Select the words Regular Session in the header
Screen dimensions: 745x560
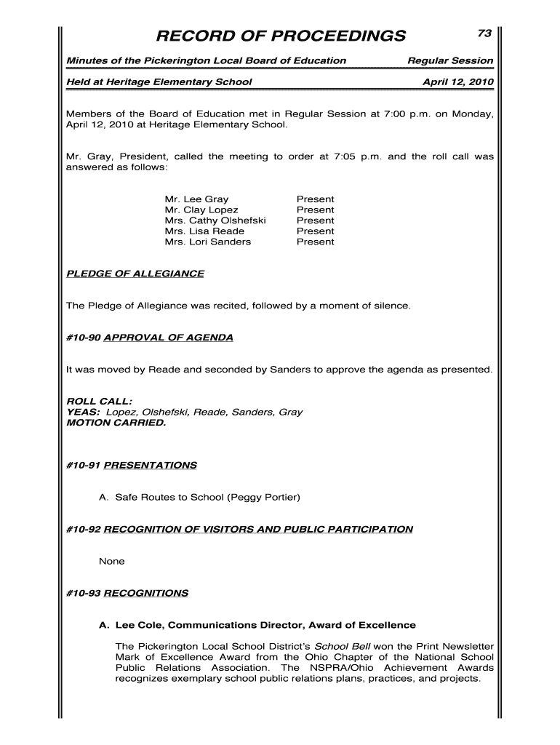(450, 60)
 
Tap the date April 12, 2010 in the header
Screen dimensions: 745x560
(457, 81)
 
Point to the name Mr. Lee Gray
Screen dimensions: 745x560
(196, 199)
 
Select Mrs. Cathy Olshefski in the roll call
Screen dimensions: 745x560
(215, 220)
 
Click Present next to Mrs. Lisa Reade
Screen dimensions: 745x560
(315, 231)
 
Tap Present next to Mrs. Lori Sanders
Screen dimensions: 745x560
(315, 242)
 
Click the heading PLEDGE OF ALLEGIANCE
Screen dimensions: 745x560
(135, 274)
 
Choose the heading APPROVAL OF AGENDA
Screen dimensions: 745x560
(169, 338)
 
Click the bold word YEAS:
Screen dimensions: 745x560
(83, 412)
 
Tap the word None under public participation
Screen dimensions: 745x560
(111, 562)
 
